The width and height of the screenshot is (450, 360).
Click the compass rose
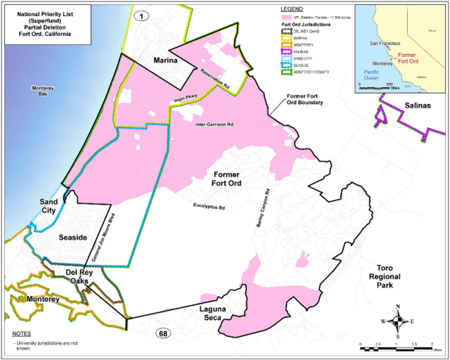click(x=398, y=322)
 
